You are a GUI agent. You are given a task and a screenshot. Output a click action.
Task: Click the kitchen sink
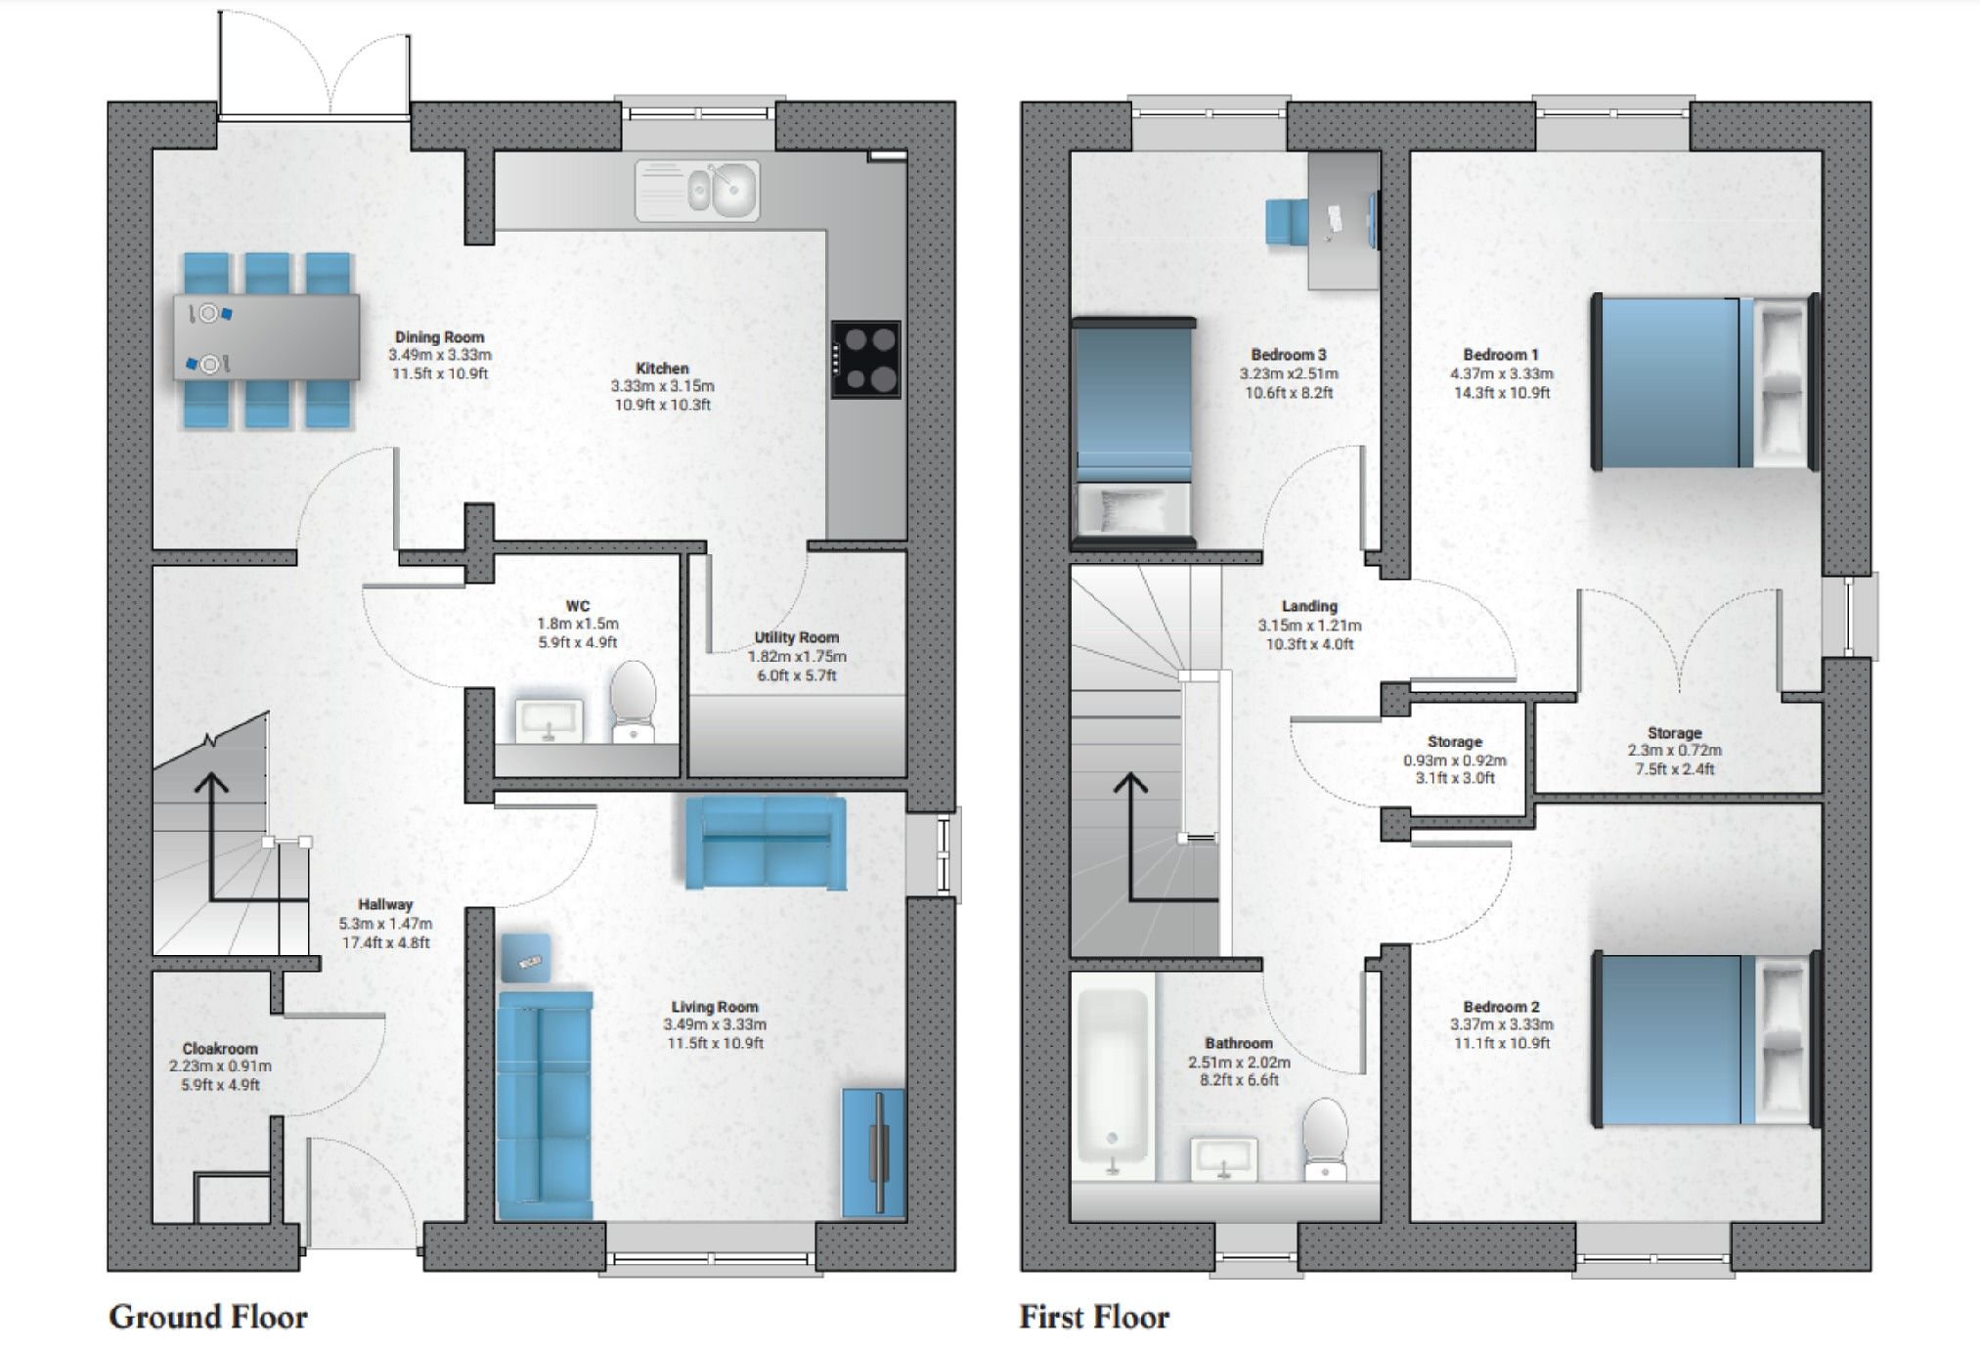point(697,190)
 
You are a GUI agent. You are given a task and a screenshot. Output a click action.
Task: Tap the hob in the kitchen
point(865,359)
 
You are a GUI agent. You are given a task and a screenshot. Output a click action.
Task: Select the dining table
point(266,338)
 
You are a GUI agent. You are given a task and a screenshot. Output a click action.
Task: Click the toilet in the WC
point(633,698)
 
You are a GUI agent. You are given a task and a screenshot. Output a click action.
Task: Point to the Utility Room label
point(796,637)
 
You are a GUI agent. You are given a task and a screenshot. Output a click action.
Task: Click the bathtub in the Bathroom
point(1112,1085)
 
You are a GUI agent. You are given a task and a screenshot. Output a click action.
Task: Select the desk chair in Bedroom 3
point(1286,221)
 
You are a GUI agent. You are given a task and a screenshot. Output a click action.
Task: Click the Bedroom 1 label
point(1501,355)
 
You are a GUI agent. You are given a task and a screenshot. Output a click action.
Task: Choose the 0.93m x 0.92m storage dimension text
point(1454,761)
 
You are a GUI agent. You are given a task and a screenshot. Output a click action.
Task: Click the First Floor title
point(1094,1317)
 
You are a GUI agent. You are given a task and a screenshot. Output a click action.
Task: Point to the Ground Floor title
point(208,1317)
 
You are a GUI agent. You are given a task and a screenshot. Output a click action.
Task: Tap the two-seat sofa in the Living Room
point(765,843)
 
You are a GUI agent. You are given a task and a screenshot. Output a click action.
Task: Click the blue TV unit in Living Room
point(873,1152)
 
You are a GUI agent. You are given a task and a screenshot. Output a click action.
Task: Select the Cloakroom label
point(220,1048)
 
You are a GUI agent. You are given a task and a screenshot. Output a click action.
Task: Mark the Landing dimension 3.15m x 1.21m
point(1308,626)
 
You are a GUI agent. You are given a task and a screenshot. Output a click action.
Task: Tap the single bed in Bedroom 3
point(1133,430)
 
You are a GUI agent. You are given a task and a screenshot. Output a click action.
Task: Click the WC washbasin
point(548,719)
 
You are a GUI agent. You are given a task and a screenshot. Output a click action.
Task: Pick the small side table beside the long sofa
point(526,958)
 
